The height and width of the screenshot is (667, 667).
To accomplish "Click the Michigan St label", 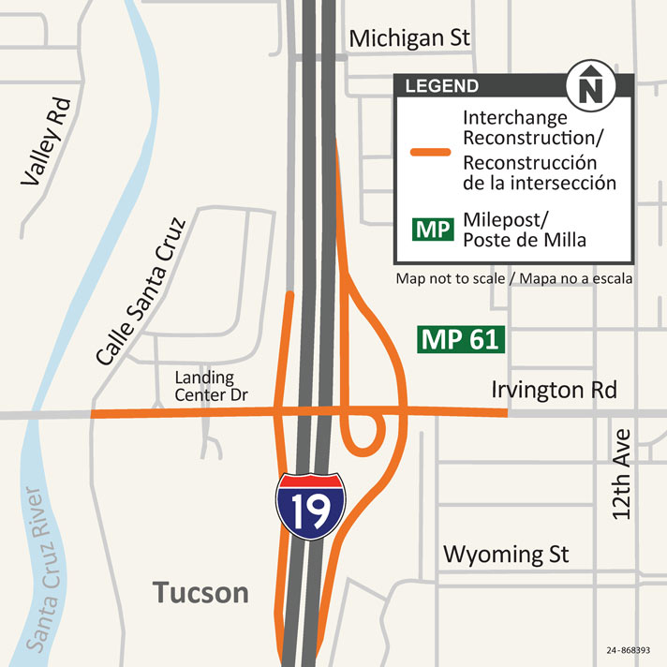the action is coord(409,38).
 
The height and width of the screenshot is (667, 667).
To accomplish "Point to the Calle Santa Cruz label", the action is coord(141,291).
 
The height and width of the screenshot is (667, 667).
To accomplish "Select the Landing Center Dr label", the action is coord(211,387).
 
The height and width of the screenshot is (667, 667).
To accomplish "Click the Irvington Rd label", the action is coord(554,390).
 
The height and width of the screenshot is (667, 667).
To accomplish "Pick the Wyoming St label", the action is coord(506,554).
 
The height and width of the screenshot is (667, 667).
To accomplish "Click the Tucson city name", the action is coord(201,592).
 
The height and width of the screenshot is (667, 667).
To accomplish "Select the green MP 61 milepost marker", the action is coord(462,339).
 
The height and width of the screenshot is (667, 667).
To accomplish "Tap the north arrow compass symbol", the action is coord(588,87).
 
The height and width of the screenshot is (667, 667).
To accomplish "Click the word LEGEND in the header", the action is coord(441,87).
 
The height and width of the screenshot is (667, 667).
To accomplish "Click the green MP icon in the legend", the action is coord(432,229).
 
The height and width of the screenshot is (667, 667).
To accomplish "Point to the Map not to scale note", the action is coord(513,279).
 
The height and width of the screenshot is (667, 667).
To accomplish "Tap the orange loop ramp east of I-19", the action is coord(366,430).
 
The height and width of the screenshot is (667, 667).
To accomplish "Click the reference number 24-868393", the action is coord(629,649).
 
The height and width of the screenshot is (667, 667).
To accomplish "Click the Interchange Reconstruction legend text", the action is coord(536,149).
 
